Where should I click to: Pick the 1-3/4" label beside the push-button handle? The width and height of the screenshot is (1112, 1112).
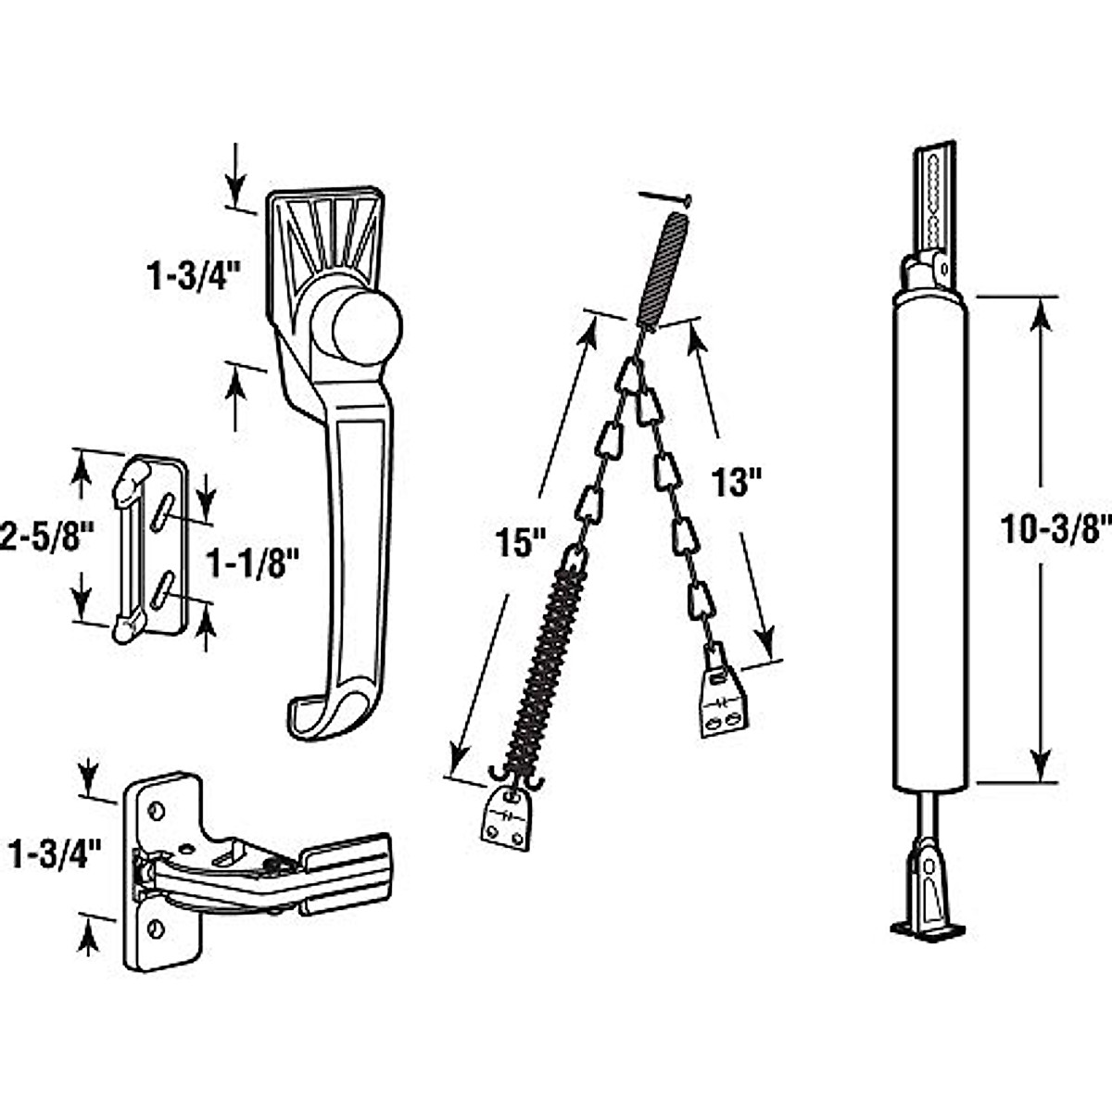193,276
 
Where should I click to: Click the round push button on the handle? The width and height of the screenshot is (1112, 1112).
357,326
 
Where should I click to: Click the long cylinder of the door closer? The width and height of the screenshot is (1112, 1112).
930,537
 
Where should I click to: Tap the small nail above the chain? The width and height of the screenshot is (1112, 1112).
665,196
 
